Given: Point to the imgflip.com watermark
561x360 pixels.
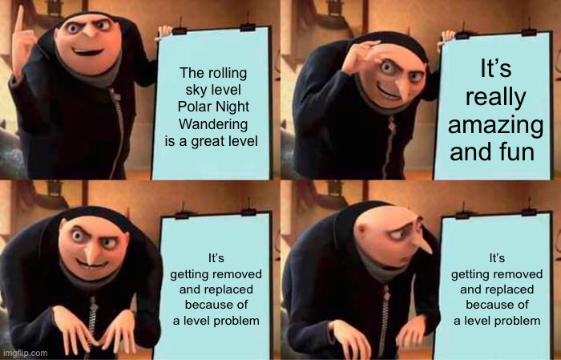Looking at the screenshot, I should coord(25,353).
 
